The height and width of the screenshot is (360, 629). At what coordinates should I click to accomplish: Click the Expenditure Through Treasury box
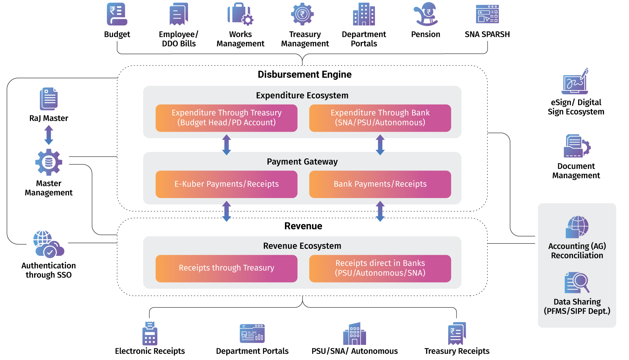[227, 118]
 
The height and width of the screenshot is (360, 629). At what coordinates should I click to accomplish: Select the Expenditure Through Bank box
[380, 118]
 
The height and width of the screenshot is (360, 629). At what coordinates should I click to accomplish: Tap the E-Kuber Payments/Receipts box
[227, 184]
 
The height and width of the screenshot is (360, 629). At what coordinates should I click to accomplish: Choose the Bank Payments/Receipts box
[380, 184]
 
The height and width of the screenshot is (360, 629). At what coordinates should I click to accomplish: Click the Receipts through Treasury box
[227, 268]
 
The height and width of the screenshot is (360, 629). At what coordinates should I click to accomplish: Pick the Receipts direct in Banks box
[380, 268]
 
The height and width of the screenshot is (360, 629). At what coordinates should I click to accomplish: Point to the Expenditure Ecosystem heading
[302, 95]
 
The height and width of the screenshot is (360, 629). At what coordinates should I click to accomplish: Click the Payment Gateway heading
[302, 162]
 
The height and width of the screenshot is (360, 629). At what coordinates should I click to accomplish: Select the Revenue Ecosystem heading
[302, 246]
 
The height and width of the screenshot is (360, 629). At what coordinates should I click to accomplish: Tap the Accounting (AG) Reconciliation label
[577, 251]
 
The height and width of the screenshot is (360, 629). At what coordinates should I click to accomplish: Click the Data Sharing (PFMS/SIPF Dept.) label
[577, 306]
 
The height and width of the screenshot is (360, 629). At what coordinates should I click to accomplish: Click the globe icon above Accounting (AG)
[577, 227]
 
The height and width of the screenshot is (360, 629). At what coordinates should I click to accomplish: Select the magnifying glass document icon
[577, 283]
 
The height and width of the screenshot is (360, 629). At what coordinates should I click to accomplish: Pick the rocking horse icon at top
[426, 14]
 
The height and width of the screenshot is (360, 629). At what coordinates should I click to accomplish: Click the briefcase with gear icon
[240, 14]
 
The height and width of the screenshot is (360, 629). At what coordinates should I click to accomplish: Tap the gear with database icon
[48, 162]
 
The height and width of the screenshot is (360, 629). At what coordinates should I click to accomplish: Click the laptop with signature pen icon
[575, 82]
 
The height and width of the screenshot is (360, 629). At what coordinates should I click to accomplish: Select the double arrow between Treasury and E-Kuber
[227, 145]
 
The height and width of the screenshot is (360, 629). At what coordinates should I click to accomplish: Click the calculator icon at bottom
[150, 334]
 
